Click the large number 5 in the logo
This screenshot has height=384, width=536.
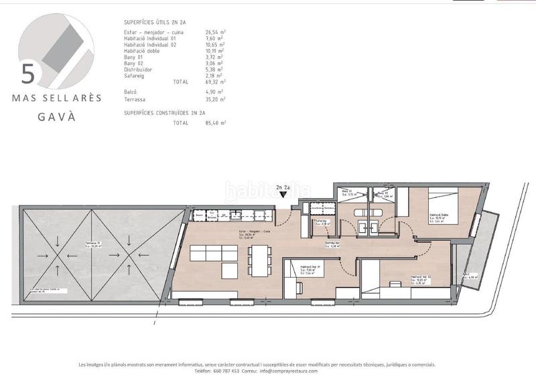(27, 72)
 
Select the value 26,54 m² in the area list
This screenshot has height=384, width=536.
(215, 31)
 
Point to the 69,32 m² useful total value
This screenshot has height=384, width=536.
(215, 81)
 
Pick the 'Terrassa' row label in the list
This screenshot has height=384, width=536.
(136, 99)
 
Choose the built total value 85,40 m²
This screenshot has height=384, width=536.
(215, 123)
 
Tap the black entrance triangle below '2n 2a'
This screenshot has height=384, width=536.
(283, 195)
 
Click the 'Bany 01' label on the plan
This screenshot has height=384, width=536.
(346, 193)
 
